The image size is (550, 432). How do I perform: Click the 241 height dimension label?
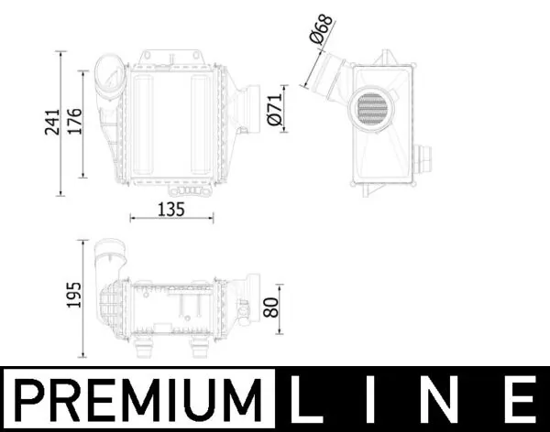pyautogui.click(x=51, y=124)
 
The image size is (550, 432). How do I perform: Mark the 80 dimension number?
pyautogui.click(x=271, y=308)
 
